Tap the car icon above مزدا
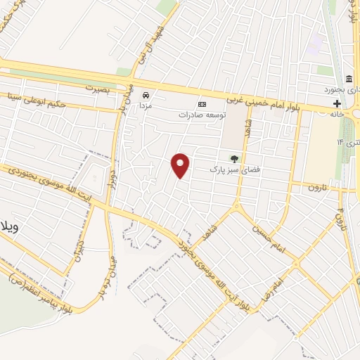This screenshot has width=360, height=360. (146, 94)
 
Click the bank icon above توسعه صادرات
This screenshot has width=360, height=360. (202, 103)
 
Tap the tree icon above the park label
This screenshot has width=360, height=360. (232, 159)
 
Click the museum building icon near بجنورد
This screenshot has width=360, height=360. (349, 78)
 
